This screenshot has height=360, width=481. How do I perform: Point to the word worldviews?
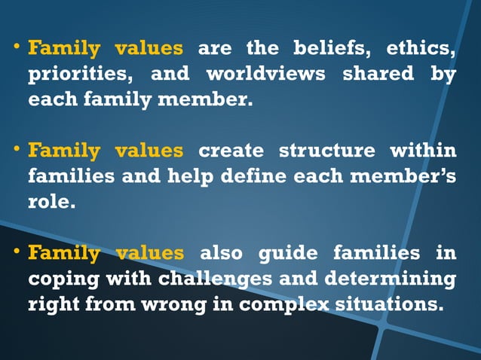click(256, 75)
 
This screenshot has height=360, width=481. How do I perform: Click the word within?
click(423, 151)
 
